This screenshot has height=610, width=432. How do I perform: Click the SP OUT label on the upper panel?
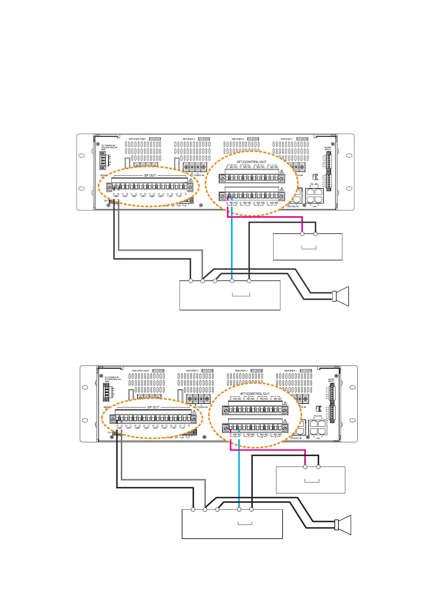(150, 175)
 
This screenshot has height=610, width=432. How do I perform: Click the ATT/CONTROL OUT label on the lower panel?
(255, 393)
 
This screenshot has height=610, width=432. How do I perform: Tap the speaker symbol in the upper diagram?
(341, 296)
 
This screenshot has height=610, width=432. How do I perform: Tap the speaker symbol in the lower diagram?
(343, 525)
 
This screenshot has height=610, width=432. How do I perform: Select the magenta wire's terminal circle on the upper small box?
(302, 234)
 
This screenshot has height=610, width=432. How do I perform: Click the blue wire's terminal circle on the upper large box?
(232, 281)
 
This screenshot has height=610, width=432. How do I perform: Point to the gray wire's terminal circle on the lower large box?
(205, 509)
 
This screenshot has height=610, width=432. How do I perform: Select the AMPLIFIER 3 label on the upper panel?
(189, 139)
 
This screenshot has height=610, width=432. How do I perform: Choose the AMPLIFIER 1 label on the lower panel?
(290, 371)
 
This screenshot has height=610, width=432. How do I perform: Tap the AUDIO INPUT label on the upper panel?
(328, 149)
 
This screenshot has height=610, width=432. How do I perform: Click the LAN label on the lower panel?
(318, 438)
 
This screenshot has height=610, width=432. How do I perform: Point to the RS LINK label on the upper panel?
(314, 184)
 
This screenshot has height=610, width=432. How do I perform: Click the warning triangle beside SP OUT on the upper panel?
(190, 180)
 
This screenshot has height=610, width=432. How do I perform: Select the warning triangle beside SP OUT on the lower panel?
(194, 411)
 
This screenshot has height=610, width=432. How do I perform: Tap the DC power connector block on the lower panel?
(106, 392)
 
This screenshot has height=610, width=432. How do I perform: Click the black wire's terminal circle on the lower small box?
(318, 467)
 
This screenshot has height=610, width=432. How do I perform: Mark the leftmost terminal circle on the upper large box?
(190, 281)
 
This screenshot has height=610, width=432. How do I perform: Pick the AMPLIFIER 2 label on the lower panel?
(241, 371)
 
